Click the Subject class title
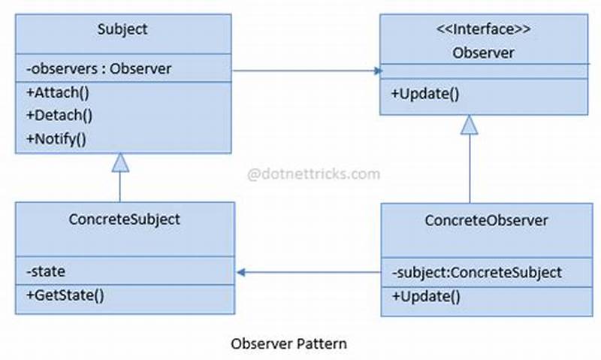coord(122,30)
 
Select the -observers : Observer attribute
coord(98,69)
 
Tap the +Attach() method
coord(57,93)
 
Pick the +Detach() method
coord(59,116)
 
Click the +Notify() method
coord(56,138)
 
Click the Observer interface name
coord(483,53)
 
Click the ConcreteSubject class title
coord(124,219)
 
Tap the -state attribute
coord(46,271)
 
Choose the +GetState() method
coord(65,295)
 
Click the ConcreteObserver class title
coord(486,220)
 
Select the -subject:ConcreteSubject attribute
coord(476,272)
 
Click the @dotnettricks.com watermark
coord(314,174)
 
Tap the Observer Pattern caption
coord(288,344)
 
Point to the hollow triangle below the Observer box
coord(470,125)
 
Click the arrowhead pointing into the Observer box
coord(377,71)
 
